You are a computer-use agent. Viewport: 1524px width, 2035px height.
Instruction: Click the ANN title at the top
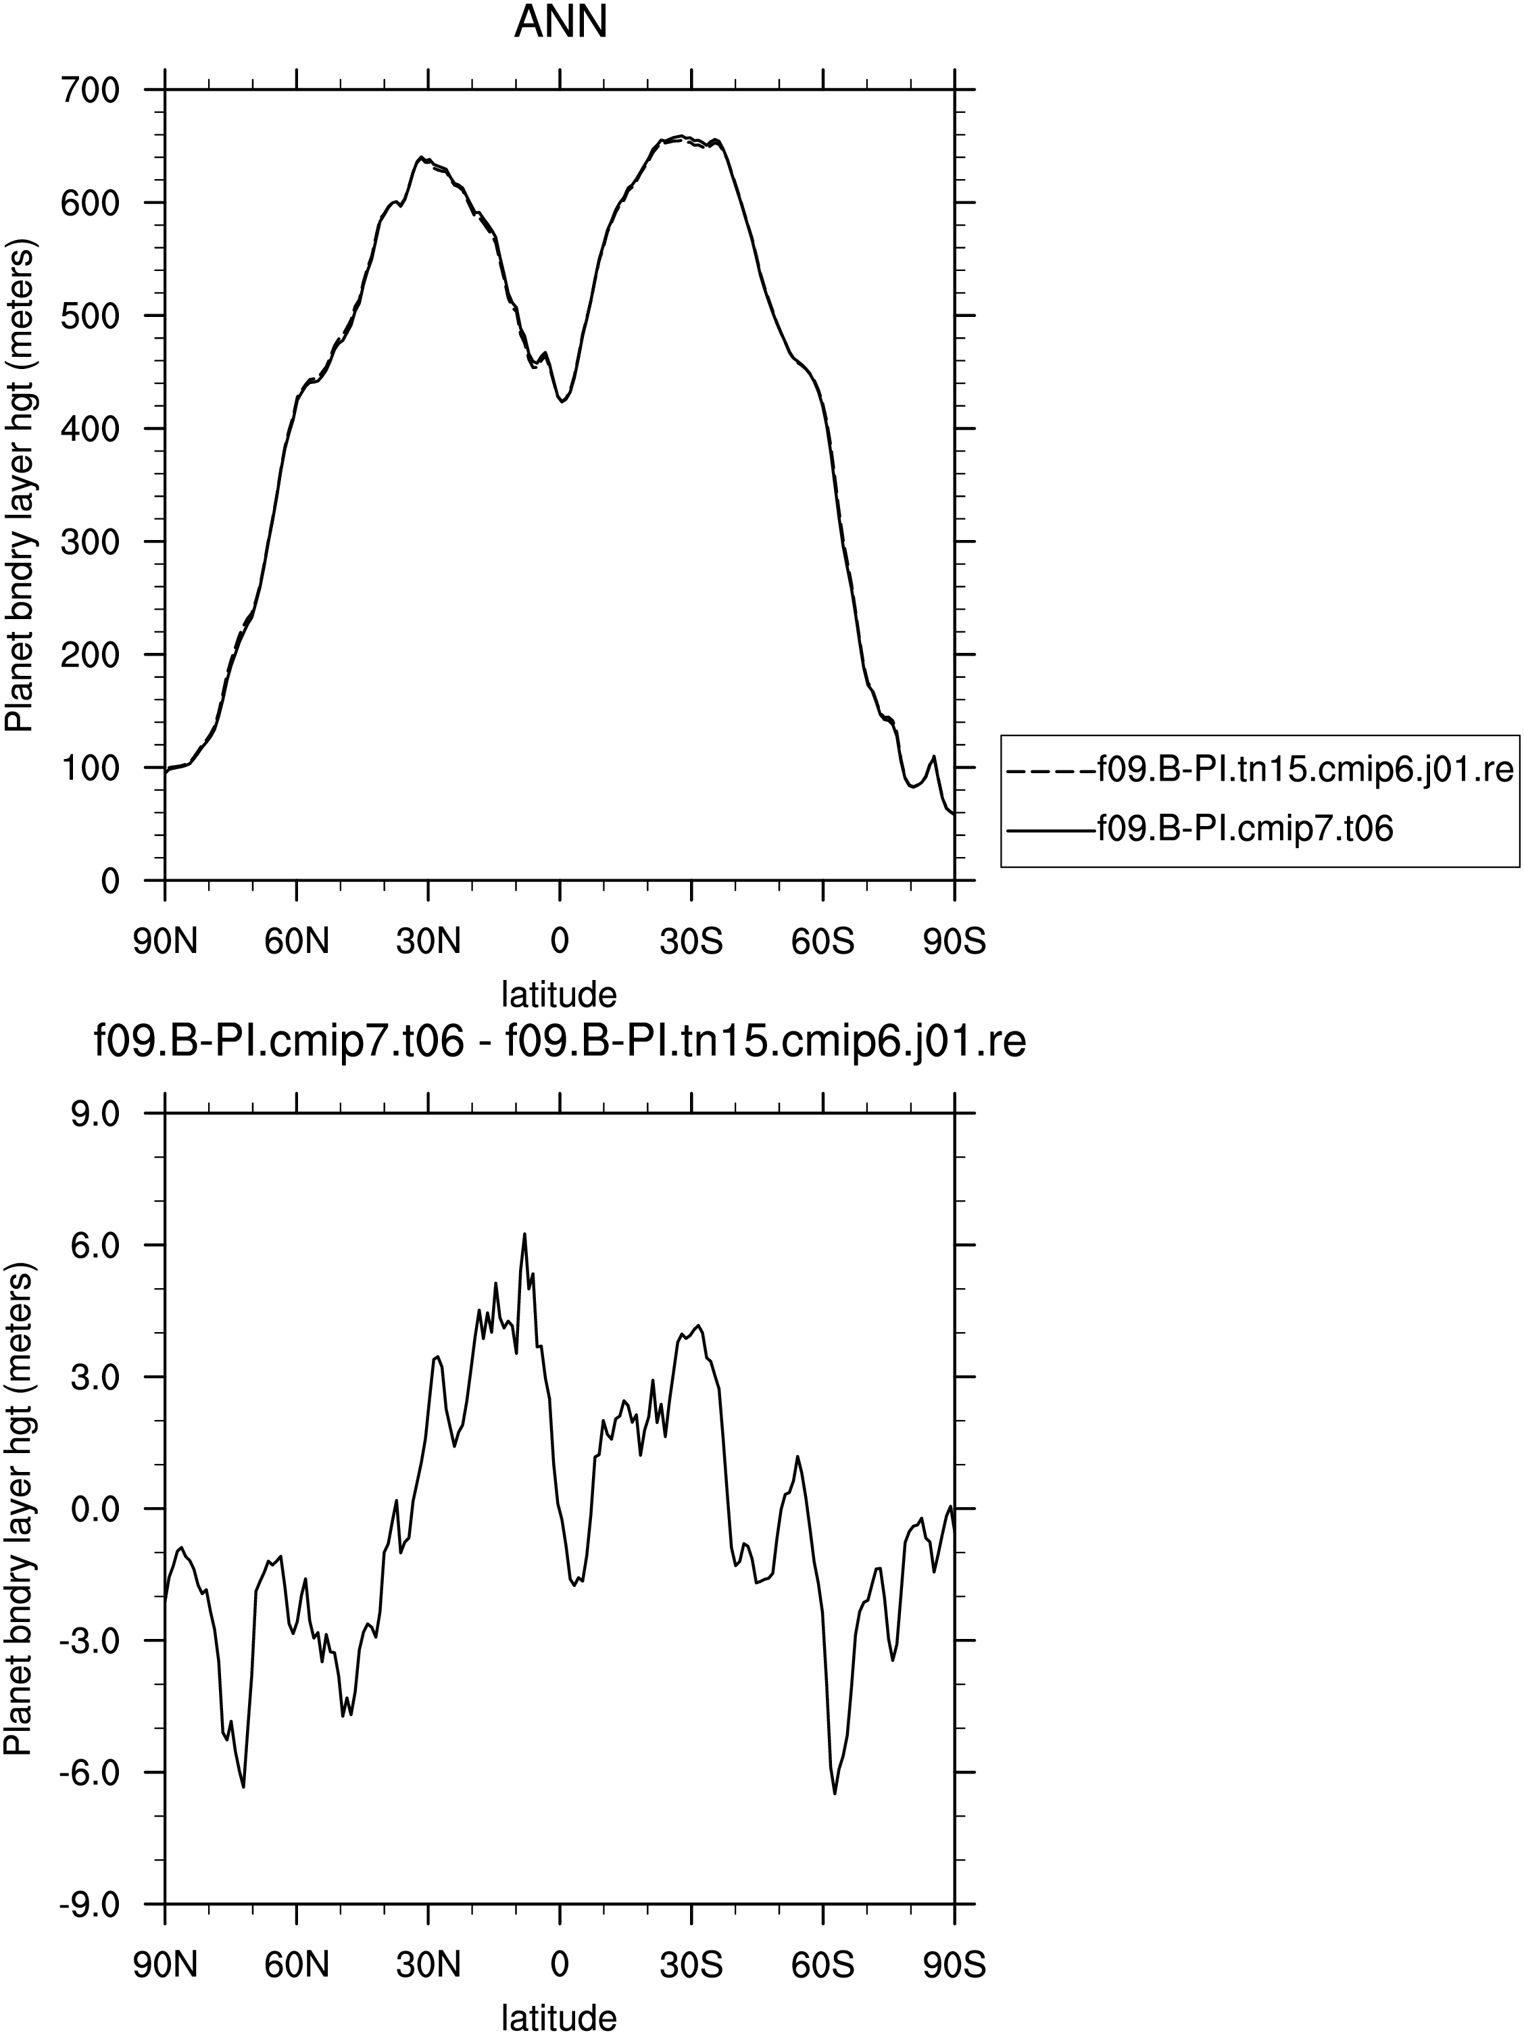(x=560, y=22)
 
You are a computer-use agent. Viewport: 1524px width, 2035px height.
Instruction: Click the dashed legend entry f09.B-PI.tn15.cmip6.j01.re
(x=1260, y=768)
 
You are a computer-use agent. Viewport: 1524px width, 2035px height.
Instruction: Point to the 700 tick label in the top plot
(x=89, y=89)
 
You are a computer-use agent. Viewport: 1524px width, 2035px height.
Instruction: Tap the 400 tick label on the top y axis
(x=89, y=428)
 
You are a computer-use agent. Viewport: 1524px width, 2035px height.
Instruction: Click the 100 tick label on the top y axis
(x=89, y=768)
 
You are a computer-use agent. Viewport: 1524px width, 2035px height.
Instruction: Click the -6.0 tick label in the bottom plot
(x=90, y=1773)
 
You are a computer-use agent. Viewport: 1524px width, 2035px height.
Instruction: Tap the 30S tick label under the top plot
(x=691, y=941)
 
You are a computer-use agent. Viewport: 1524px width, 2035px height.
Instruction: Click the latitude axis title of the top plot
(x=559, y=994)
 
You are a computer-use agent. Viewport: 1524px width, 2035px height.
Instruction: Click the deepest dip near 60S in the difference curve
(x=835, y=1793)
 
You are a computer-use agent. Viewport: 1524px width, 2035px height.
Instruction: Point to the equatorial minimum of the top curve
(x=562, y=401)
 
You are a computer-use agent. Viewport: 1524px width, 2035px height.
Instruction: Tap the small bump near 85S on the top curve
(x=935, y=756)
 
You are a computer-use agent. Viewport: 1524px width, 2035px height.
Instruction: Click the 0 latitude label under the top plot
(x=559, y=941)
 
